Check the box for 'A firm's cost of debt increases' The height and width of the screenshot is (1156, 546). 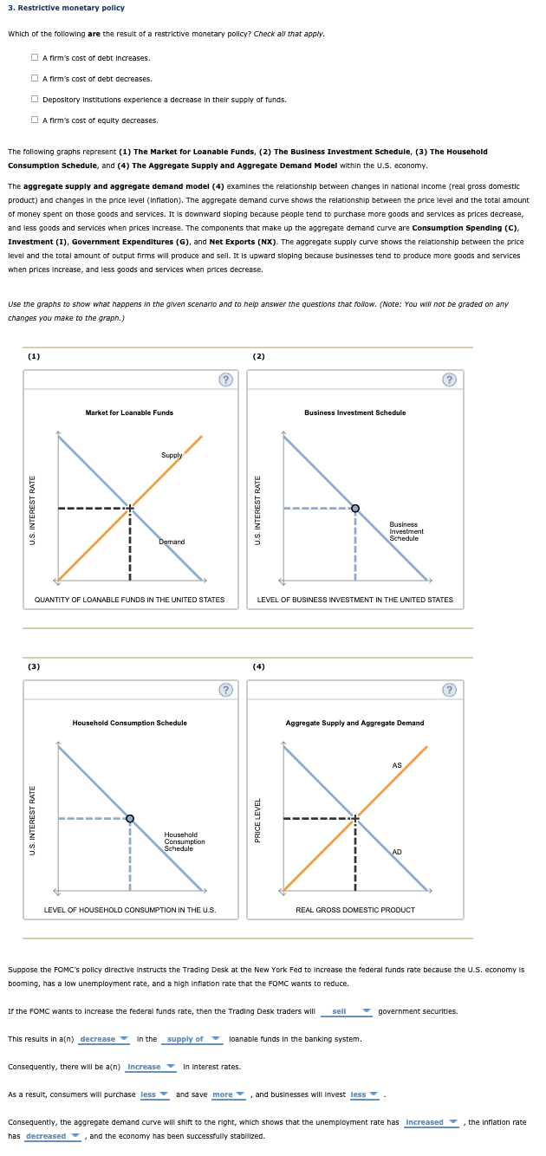click(x=34, y=58)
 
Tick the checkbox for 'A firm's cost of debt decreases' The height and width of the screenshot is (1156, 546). click(x=34, y=79)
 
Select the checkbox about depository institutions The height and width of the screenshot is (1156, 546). click(x=34, y=100)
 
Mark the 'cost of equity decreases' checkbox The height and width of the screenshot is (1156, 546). click(x=34, y=120)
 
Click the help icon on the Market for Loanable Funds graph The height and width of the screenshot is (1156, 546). click(x=225, y=380)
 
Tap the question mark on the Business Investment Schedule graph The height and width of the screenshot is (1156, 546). click(x=449, y=380)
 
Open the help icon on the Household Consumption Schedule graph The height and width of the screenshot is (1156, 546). click(x=225, y=690)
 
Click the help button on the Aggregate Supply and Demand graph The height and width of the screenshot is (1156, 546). click(x=449, y=690)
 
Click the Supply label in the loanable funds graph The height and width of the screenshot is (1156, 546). click(x=172, y=455)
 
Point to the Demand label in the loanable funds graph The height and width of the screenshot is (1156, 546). click(x=172, y=542)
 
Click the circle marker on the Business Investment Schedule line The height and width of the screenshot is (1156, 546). click(x=354, y=508)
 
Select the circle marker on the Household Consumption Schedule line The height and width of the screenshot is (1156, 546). click(x=130, y=818)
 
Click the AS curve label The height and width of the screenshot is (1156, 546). click(x=397, y=765)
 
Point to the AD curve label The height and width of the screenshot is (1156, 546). click(x=397, y=852)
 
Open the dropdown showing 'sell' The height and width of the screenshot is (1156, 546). click(x=346, y=1011)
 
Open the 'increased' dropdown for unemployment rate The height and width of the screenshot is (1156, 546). click(x=431, y=1122)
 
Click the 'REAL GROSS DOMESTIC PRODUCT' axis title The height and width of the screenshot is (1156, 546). click(x=355, y=910)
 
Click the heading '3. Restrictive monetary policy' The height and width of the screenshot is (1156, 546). click(x=66, y=8)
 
